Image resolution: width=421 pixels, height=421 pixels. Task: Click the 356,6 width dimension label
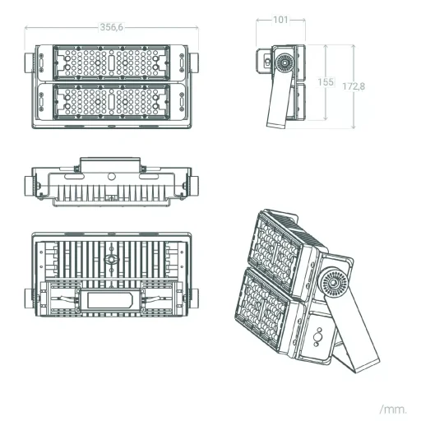pyautogui.click(x=112, y=27)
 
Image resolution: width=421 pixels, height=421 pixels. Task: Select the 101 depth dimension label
pyautogui.click(x=280, y=20)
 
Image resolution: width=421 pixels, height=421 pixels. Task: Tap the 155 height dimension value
pyautogui.click(x=326, y=82)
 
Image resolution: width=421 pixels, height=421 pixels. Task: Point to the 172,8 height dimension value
pyautogui.click(x=354, y=86)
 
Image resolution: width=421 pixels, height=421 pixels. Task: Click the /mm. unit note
pyautogui.click(x=393, y=409)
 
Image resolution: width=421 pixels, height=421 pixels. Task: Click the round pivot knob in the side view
pyautogui.click(x=285, y=62)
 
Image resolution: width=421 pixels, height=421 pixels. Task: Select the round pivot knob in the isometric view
pyautogui.click(x=333, y=283)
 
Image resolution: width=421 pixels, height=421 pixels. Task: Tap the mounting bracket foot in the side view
pyautogui.click(x=276, y=125)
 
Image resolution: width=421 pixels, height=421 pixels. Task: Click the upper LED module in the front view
pyautogui.click(x=111, y=62)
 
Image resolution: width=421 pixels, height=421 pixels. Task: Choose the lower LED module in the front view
pyautogui.click(x=111, y=102)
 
